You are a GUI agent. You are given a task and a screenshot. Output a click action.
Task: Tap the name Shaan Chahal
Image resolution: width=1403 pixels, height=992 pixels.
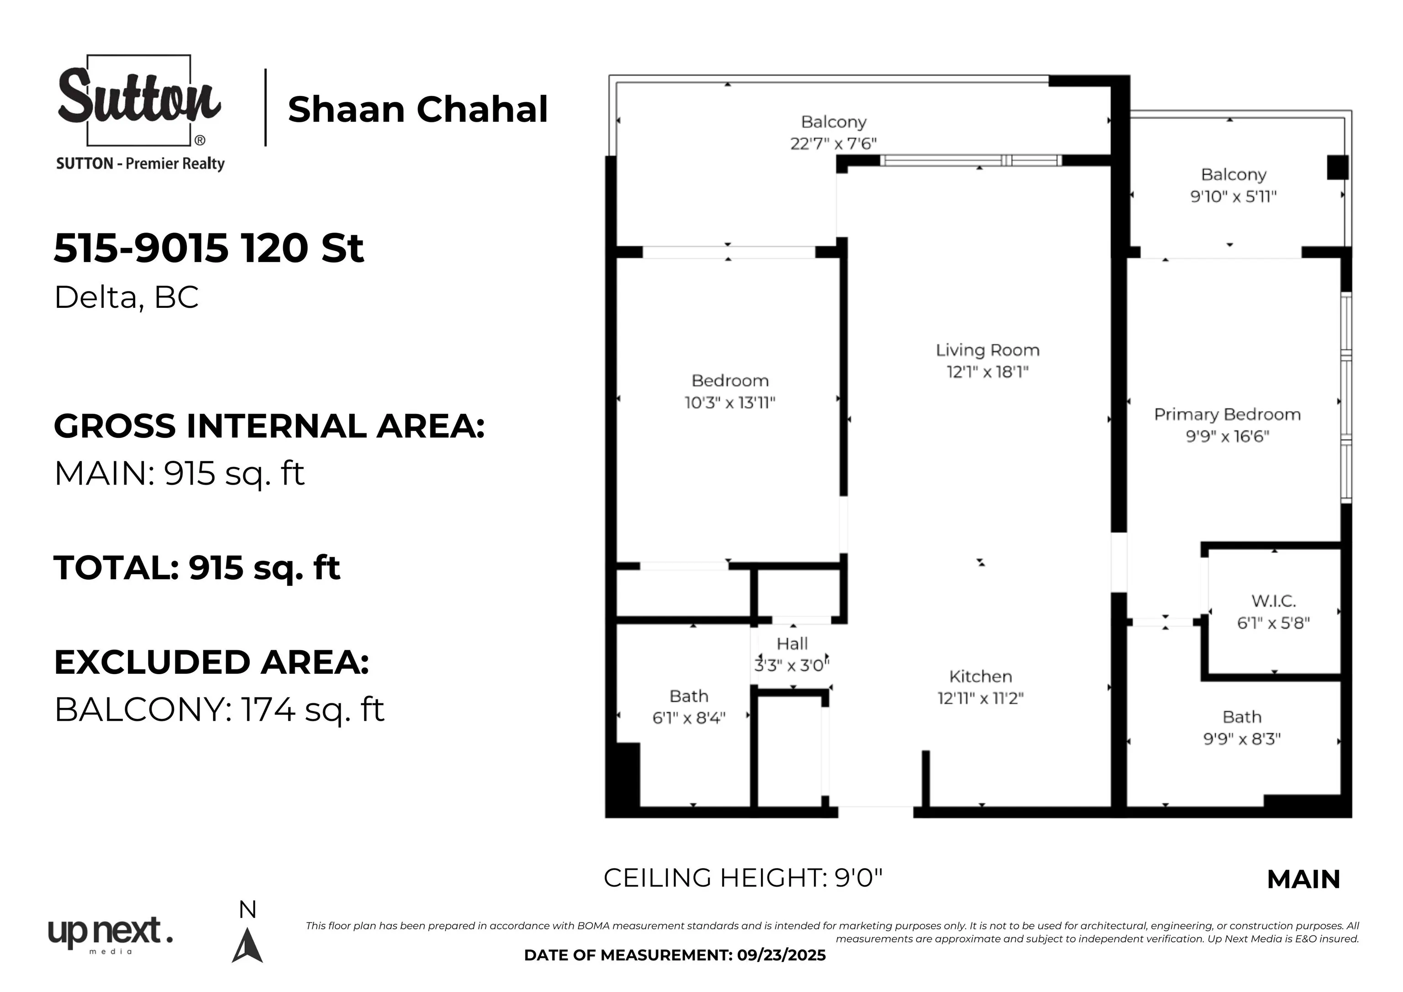point(418,110)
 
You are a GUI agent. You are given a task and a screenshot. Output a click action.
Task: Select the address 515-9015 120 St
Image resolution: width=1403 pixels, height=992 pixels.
point(209,248)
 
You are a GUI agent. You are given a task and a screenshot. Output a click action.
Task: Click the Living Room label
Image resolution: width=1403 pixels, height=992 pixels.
point(987,350)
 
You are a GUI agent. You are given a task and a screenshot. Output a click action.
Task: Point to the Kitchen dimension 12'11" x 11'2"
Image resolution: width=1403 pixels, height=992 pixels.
point(981,698)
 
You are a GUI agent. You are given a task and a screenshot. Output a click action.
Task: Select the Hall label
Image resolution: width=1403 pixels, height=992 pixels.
point(792,644)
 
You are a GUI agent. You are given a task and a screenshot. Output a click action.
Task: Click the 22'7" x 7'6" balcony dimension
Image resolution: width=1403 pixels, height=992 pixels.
point(833,143)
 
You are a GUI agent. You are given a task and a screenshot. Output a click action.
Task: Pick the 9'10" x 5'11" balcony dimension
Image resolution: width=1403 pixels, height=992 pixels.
point(1233,196)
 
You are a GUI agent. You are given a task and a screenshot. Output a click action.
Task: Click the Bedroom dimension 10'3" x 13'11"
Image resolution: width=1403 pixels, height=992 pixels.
point(730,402)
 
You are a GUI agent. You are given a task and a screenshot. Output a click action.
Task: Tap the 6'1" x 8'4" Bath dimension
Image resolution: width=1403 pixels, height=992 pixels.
point(689,718)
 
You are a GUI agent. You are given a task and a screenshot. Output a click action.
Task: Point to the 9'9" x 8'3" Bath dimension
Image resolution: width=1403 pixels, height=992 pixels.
point(1242,739)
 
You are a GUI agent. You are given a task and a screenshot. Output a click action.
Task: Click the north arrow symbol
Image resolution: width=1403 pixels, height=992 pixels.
point(248,945)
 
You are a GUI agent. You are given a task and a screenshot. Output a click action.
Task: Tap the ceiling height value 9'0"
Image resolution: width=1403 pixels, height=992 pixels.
point(859,878)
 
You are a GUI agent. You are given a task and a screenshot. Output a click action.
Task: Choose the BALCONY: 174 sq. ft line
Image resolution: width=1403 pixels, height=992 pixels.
point(219,710)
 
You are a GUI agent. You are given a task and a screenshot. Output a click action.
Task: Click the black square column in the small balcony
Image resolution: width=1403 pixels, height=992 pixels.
point(1338,168)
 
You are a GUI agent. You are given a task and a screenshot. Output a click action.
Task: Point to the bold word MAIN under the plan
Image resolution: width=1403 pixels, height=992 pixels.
point(1303,880)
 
